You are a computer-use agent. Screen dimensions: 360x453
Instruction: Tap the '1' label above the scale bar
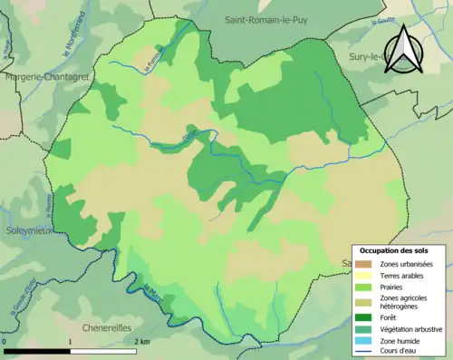click(71, 340)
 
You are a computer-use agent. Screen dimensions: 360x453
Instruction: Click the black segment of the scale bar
click(37, 350)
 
